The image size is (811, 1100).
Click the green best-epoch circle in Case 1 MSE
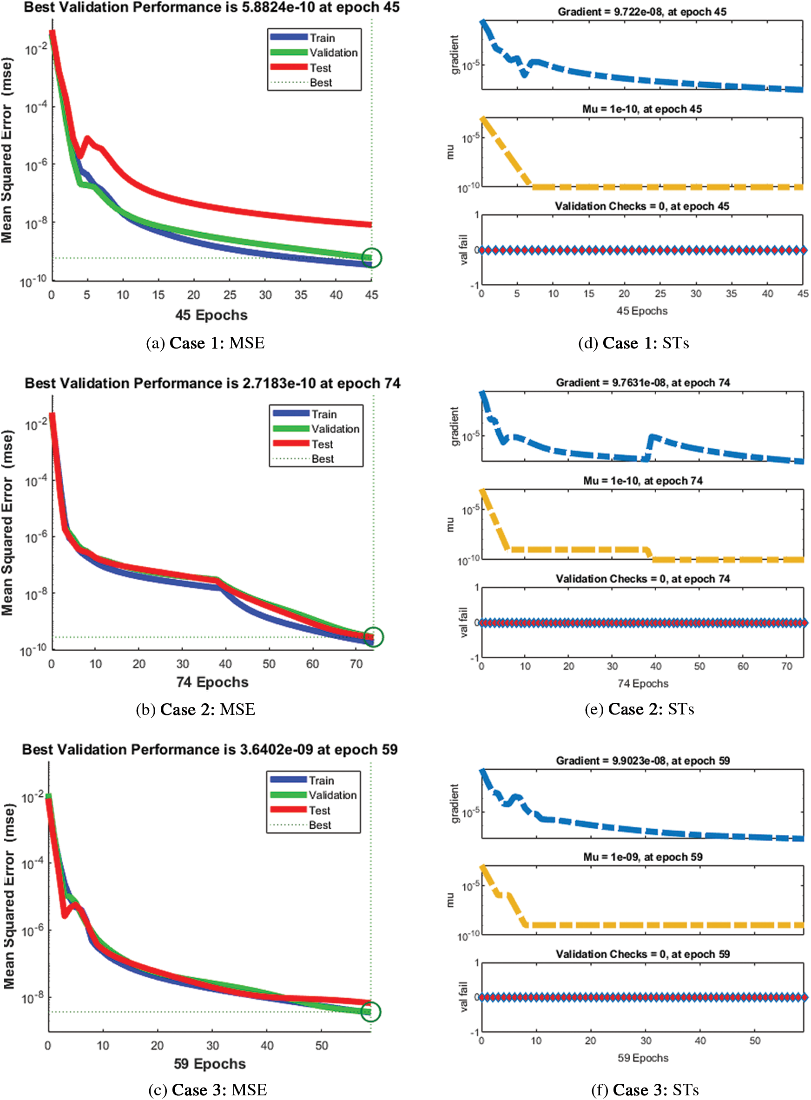point(372,258)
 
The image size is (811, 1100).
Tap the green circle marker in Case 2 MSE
point(373,637)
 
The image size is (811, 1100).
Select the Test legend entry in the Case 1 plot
point(320,68)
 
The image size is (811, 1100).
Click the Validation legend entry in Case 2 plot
point(335,429)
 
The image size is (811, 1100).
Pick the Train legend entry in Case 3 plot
point(321,780)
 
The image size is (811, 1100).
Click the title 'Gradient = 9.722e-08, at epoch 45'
point(642,12)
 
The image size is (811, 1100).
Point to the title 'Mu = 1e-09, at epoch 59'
point(643,857)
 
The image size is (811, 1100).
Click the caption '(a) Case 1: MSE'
point(205,343)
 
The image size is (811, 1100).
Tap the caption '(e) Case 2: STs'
point(639,709)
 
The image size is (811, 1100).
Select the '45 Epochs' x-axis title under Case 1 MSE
point(211,315)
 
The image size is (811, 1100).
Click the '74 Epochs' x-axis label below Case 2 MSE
point(212,682)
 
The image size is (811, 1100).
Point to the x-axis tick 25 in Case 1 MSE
point(230,295)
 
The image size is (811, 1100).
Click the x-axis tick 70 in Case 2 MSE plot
point(356,664)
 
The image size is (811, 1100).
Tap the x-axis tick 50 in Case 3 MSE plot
point(322,1045)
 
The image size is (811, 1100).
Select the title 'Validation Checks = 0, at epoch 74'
point(643,579)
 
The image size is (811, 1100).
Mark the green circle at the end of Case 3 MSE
point(371,1011)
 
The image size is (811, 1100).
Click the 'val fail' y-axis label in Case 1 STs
point(464,250)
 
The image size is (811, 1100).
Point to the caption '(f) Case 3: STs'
point(645,1089)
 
